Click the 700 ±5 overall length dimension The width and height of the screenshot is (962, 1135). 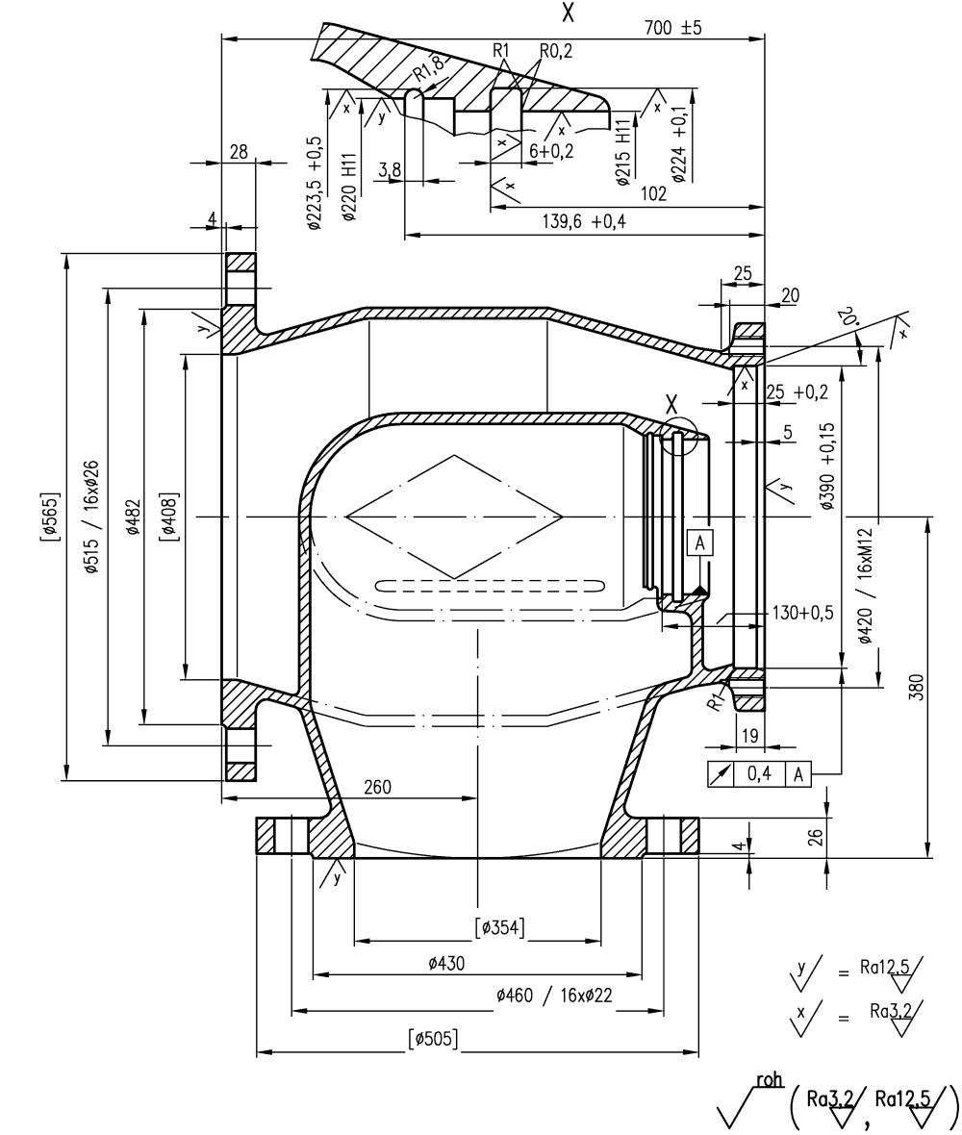pos(673,27)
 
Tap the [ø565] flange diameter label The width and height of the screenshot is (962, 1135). pos(49,517)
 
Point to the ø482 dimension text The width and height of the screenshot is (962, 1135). pos(131,517)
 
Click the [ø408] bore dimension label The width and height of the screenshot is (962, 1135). pos(168,517)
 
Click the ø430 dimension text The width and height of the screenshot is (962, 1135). pos(443,962)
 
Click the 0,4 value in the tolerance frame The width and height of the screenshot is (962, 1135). pos(759,772)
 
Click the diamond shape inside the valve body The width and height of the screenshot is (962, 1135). pos(454,517)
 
